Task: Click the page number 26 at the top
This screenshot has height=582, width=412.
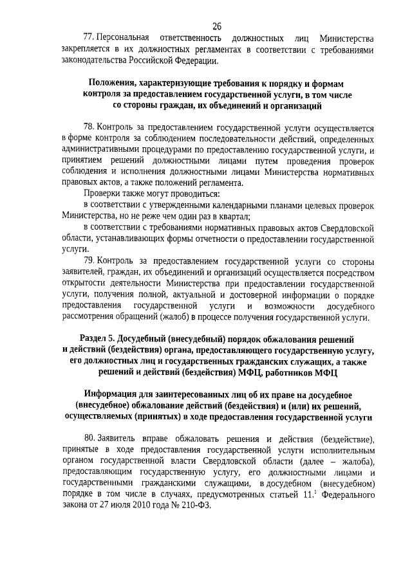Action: [216, 26]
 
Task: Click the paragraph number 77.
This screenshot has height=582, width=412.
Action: [90, 38]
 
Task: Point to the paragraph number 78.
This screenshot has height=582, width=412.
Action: [90, 127]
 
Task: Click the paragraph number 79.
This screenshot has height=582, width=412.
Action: [90, 262]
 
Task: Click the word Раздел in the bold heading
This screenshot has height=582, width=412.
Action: [95, 338]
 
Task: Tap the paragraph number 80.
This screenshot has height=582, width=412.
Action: [90, 437]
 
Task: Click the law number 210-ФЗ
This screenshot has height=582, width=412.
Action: [200, 506]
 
